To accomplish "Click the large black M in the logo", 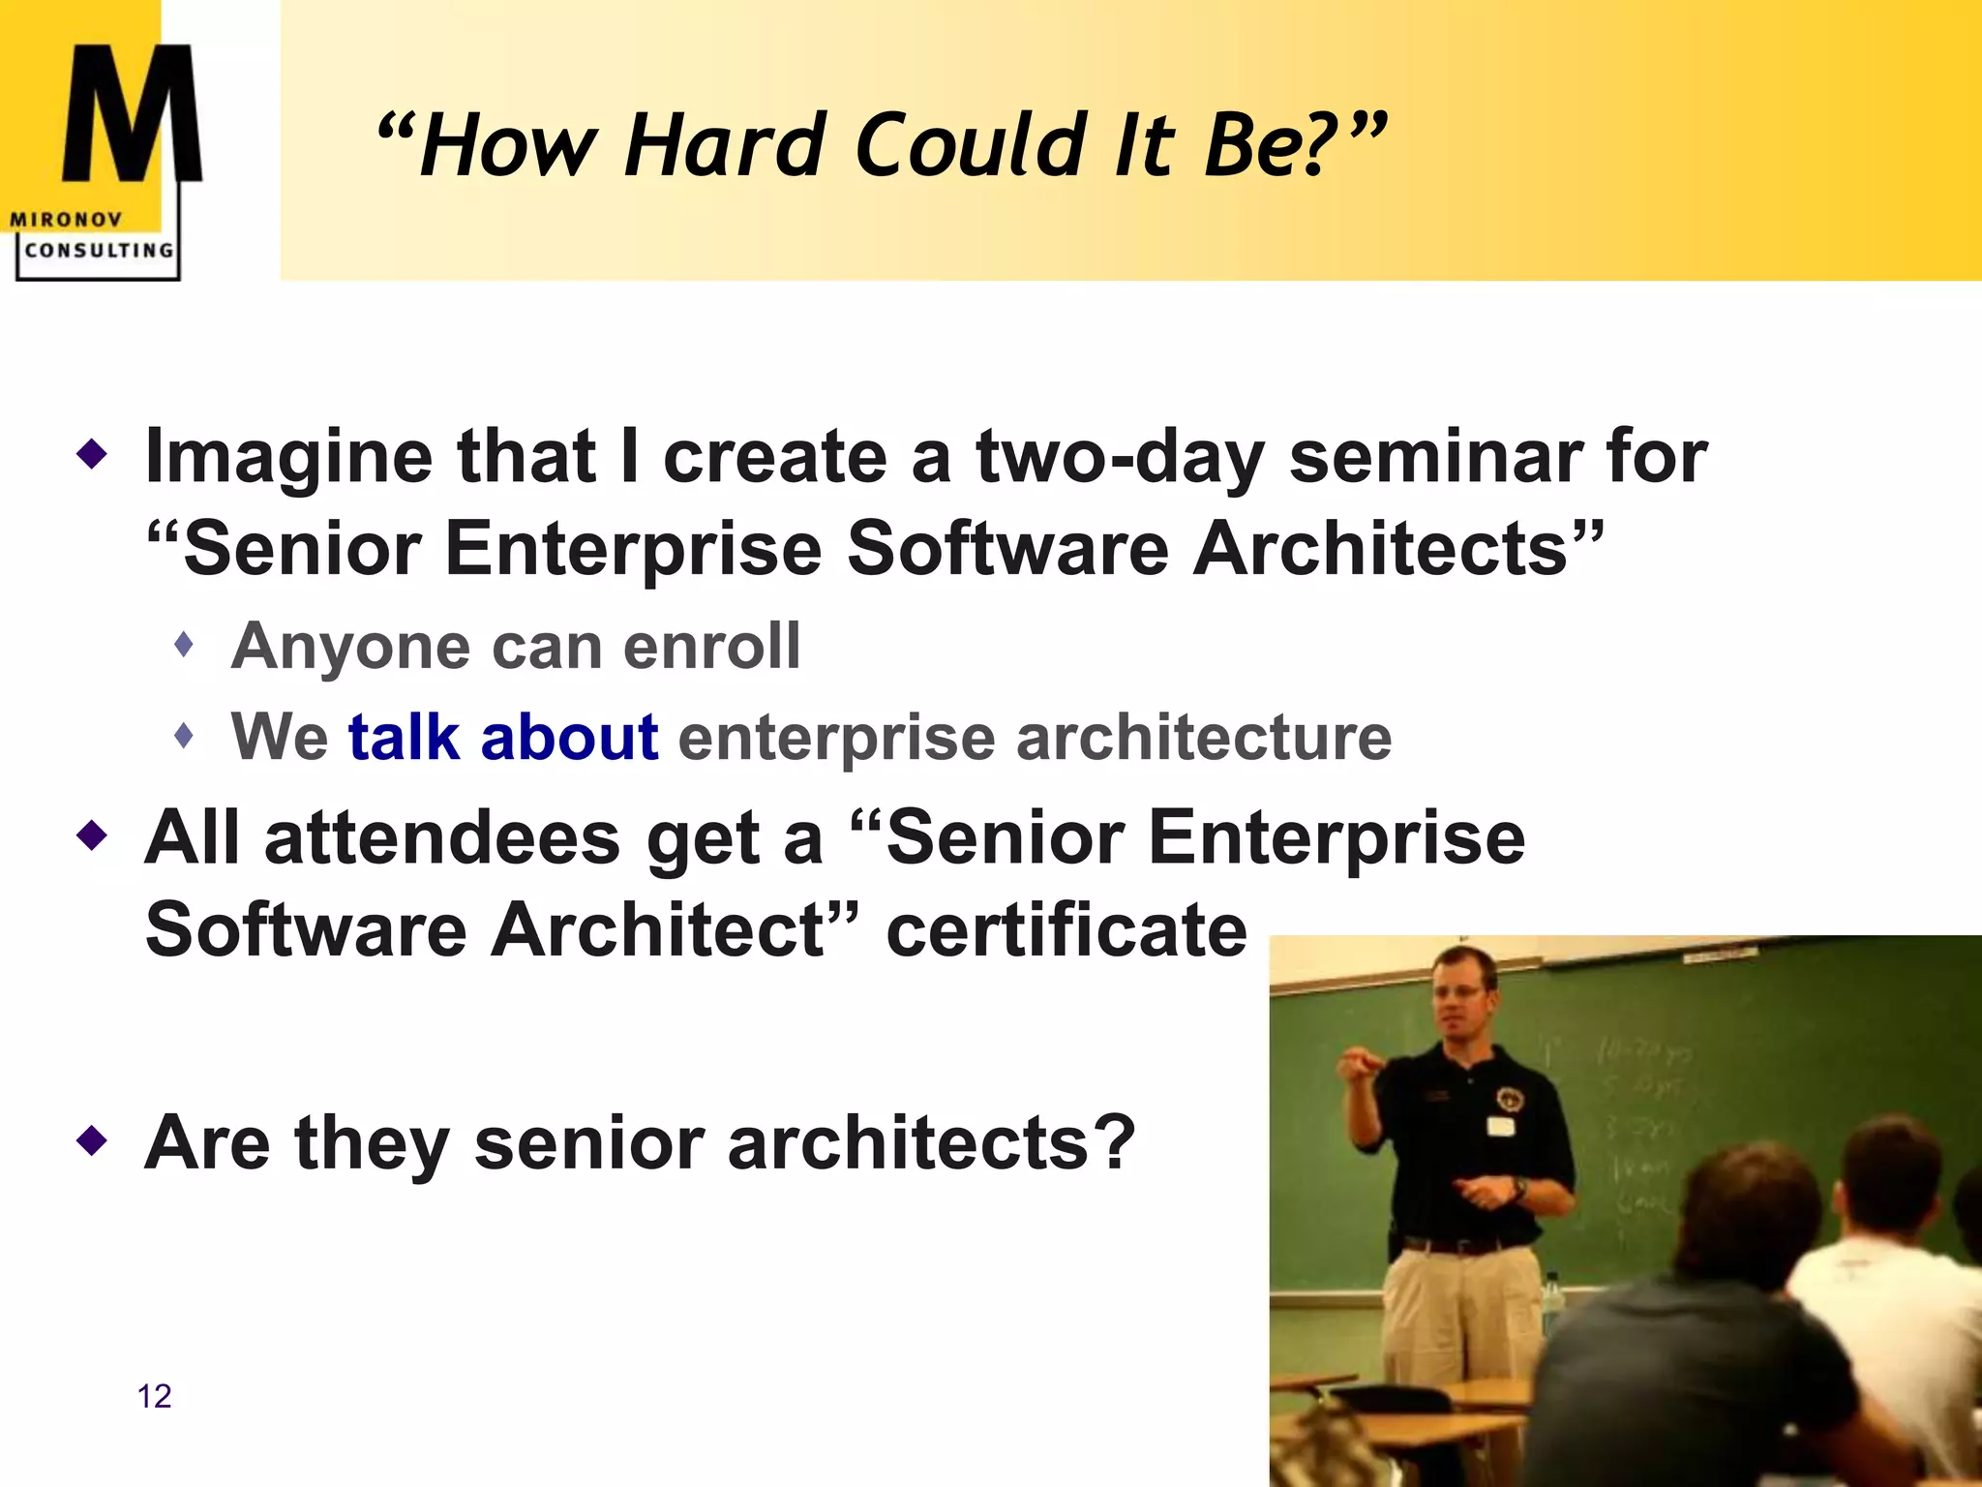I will click(132, 116).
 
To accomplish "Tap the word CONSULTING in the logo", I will click(99, 251).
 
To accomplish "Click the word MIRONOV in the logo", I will click(66, 220).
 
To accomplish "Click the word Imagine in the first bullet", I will click(287, 457).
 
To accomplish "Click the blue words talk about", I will click(503, 738).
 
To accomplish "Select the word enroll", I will click(711, 646).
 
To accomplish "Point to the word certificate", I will click(1066, 929).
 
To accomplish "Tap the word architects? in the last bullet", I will click(931, 1143).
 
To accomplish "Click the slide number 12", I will click(154, 1396).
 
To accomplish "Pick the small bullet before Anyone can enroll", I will click(185, 644).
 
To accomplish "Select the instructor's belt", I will click(1461, 1245).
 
